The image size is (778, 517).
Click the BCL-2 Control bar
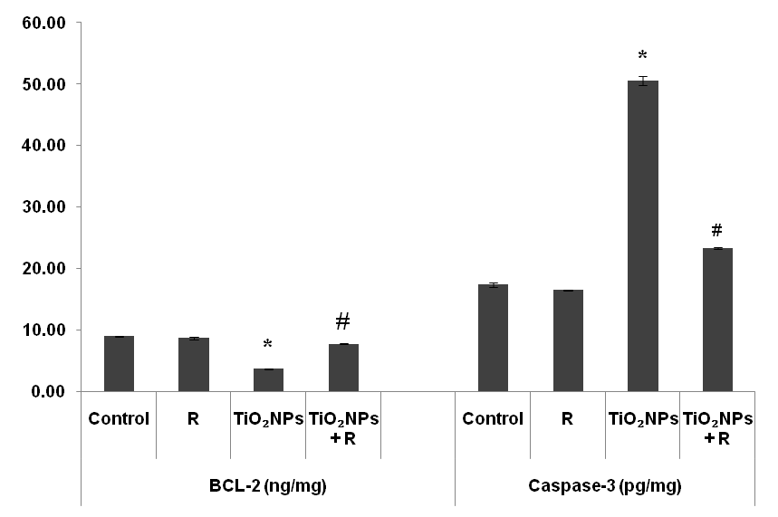[x=119, y=364]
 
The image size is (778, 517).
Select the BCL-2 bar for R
[x=194, y=365]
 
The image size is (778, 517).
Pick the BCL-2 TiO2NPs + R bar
[x=343, y=368]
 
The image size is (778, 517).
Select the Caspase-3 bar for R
[x=568, y=340]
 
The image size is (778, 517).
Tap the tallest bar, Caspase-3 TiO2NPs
[x=643, y=235]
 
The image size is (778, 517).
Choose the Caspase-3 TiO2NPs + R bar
[x=717, y=320]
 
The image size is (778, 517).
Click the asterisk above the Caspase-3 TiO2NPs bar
[x=643, y=56]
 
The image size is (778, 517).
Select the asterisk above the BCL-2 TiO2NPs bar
[x=268, y=346]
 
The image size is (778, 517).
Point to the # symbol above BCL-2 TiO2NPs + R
[x=343, y=321]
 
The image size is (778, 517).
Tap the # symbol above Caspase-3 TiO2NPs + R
[x=717, y=230]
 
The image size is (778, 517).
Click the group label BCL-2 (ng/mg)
[x=268, y=486]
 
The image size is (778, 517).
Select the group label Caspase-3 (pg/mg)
[x=605, y=486]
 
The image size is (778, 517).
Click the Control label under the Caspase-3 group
[x=493, y=419]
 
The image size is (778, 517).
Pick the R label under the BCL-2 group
[x=194, y=419]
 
